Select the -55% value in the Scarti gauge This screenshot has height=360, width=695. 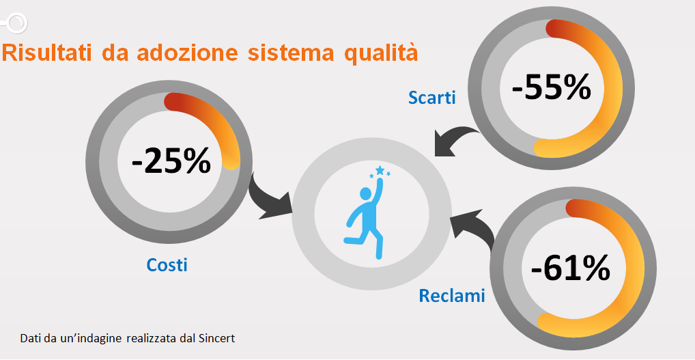[552, 87]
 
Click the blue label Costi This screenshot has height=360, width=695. [167, 265]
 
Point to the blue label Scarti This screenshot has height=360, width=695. [431, 98]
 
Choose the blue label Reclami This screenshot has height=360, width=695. [452, 295]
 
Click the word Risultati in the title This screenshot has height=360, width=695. [47, 53]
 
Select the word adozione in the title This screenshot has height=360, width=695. [191, 53]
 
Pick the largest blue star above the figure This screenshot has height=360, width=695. [380, 170]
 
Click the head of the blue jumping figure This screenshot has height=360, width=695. [366, 194]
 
